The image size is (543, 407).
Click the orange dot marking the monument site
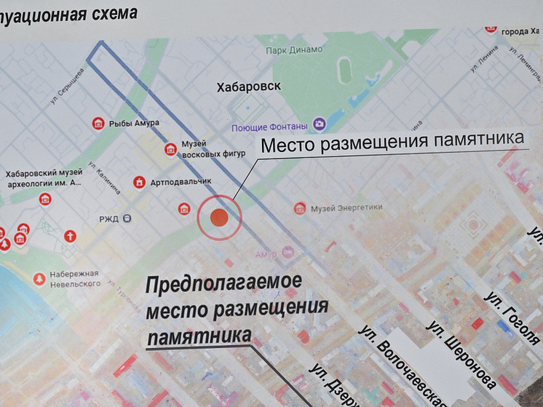pyautogui.click(x=219, y=217)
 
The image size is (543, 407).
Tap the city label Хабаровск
pyautogui.click(x=248, y=87)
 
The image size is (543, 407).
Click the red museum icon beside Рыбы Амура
pyautogui.click(x=98, y=124)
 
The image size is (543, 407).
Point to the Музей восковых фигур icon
pyautogui.click(x=171, y=149)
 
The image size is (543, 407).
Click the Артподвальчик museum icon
pyautogui.click(x=139, y=181)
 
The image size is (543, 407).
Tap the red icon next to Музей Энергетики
pyautogui.click(x=300, y=209)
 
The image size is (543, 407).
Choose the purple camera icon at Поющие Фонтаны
pyautogui.click(x=319, y=125)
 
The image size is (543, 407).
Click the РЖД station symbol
pyautogui.click(x=127, y=218)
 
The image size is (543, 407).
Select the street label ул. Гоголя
pyautogui.click(x=513, y=317)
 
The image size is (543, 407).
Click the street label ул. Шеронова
pyautogui.click(x=461, y=354)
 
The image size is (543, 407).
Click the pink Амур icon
pyautogui.click(x=288, y=253)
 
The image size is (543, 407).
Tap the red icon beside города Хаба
pyautogui.click(x=490, y=29)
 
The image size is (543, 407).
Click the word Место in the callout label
pyautogui.click(x=287, y=145)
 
